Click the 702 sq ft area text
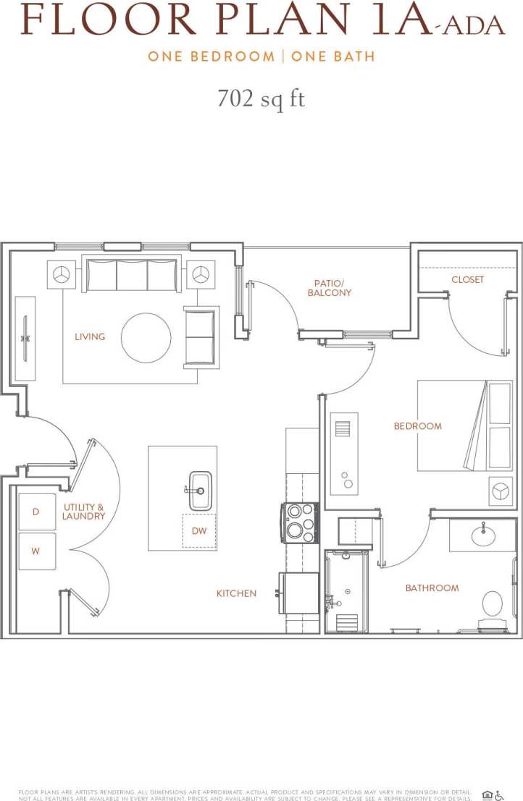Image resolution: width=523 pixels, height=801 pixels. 261,98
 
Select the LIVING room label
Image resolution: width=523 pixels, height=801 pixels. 90,336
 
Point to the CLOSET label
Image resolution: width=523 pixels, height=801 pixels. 467,279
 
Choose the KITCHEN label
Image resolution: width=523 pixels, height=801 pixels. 236,593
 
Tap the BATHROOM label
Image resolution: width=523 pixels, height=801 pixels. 432,588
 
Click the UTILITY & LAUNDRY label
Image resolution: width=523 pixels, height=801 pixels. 83,512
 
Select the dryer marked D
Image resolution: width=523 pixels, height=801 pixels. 36,512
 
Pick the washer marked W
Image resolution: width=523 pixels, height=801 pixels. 36,551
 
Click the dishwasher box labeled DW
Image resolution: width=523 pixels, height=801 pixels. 199,531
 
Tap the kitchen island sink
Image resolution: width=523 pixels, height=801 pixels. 200,490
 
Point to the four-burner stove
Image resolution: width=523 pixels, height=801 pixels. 301,522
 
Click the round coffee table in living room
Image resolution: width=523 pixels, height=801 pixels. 146,337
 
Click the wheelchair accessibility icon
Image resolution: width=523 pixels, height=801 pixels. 499,795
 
